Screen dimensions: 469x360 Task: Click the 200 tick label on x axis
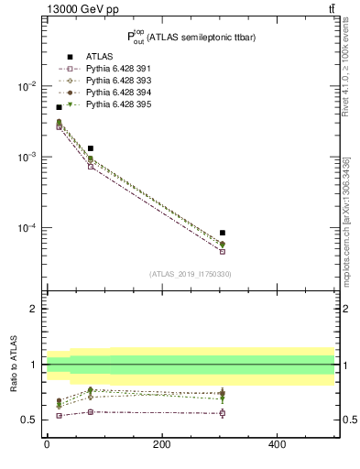[161, 445]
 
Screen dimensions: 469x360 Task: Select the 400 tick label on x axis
[277, 445]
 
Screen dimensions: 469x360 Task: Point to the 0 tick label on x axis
[47, 445]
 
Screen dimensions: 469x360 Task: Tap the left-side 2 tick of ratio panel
[36, 309]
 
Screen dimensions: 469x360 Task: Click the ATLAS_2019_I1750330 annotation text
[190, 274]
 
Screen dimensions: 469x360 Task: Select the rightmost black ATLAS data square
[223, 233]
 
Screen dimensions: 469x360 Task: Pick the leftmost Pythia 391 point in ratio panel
[59, 416]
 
